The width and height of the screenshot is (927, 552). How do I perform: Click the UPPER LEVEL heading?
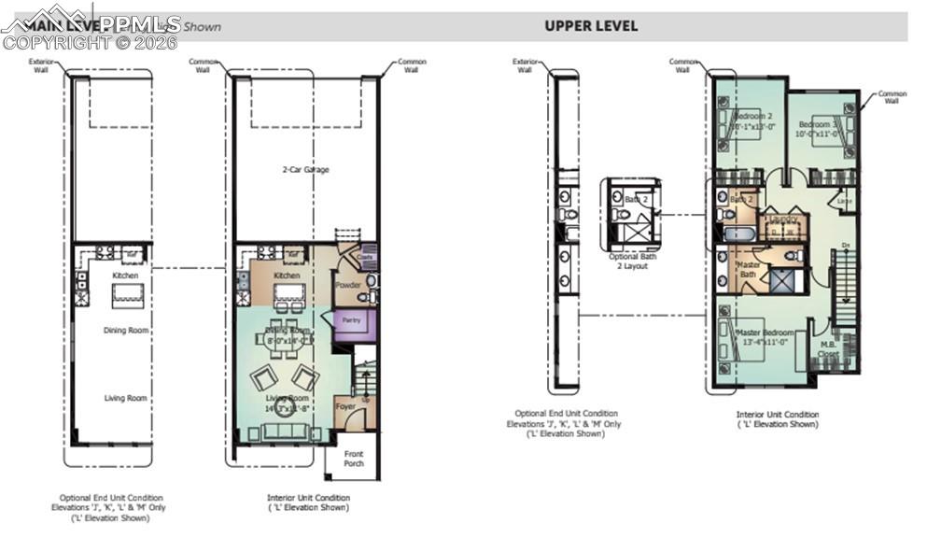coord(591,26)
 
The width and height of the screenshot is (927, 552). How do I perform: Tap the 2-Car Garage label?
coord(306,170)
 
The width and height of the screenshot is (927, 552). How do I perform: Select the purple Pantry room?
coord(352,320)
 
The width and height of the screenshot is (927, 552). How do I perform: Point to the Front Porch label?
coord(353,460)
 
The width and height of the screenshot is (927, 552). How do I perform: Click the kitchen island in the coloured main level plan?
coord(288,295)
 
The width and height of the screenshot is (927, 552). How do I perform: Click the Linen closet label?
coord(845,201)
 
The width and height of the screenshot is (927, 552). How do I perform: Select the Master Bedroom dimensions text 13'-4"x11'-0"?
coord(766,343)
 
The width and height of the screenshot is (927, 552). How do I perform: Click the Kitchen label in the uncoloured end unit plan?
coord(125,276)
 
